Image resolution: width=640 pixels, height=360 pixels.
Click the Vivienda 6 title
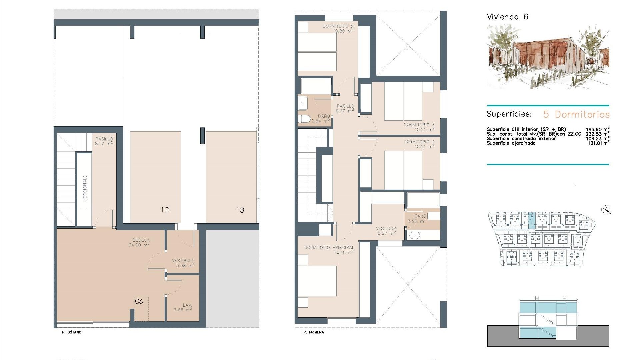tap(507, 17)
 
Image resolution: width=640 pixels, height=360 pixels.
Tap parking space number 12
tap(165, 210)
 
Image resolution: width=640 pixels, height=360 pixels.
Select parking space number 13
tap(240, 210)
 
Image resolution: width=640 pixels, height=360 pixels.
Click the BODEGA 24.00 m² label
tap(141, 242)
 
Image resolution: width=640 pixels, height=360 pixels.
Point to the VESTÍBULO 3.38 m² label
tap(183, 263)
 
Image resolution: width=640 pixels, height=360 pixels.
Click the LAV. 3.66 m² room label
tap(183, 307)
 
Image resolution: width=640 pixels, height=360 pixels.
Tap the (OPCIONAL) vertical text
tap(85, 188)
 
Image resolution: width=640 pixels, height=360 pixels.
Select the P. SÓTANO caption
tap(72, 332)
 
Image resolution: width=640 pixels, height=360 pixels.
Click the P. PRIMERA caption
tap(314, 332)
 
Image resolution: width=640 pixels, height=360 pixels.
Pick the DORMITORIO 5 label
tap(338, 28)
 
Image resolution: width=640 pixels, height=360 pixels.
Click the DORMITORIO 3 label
tap(419, 127)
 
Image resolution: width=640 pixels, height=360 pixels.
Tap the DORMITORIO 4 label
tap(419, 144)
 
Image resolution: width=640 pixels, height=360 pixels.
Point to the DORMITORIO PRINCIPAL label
tap(329, 250)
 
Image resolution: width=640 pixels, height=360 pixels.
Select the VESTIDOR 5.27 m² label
tap(386, 231)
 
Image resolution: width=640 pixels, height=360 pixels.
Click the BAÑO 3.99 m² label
tap(417, 218)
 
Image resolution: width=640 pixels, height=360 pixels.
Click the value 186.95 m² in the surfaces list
tap(597, 129)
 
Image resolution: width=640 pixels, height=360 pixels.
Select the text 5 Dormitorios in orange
tap(576, 114)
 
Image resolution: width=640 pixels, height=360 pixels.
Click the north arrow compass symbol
tap(605, 210)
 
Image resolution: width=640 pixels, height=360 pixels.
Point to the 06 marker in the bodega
tap(139, 302)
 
